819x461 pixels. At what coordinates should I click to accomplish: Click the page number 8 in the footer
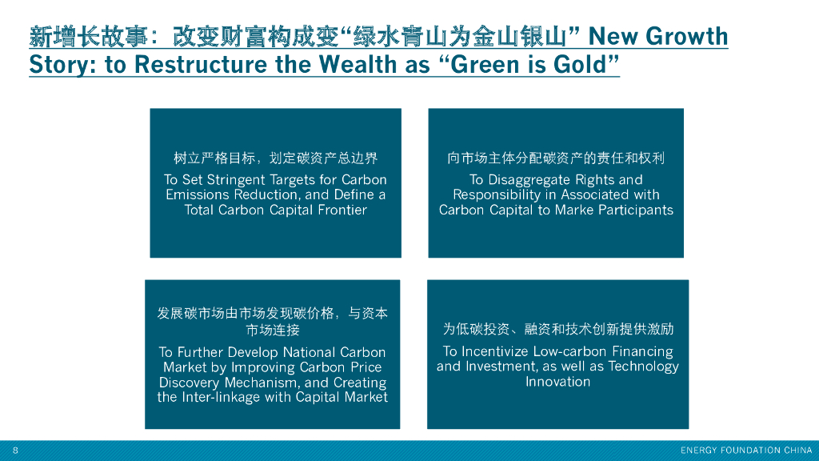15,450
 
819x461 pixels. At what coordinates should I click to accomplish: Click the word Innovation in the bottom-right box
557,382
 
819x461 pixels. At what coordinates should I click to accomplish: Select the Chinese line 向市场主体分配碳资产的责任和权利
556,158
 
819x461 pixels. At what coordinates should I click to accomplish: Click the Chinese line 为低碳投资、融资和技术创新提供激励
557,329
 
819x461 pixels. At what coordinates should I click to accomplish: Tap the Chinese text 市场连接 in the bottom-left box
273,330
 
